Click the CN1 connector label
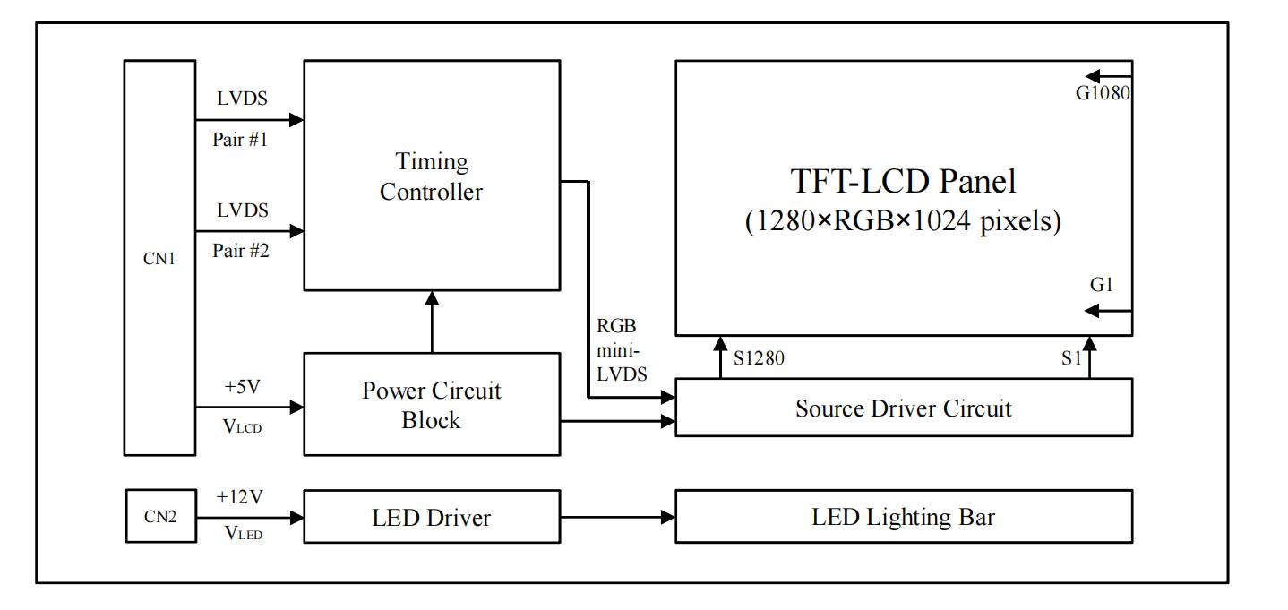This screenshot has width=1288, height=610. click(159, 263)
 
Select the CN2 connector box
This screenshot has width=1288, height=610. click(159, 516)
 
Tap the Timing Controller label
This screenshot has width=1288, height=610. click(431, 176)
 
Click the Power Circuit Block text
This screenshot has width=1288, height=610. click(431, 405)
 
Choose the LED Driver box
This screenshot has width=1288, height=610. click(431, 516)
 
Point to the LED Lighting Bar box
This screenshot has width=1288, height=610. click(903, 516)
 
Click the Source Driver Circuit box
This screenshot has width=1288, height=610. click(903, 408)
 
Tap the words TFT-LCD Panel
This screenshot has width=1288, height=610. click(903, 183)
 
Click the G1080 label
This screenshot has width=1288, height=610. click(1103, 91)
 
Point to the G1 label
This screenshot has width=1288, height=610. click(1101, 286)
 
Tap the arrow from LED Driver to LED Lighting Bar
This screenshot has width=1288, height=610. click(617, 517)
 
